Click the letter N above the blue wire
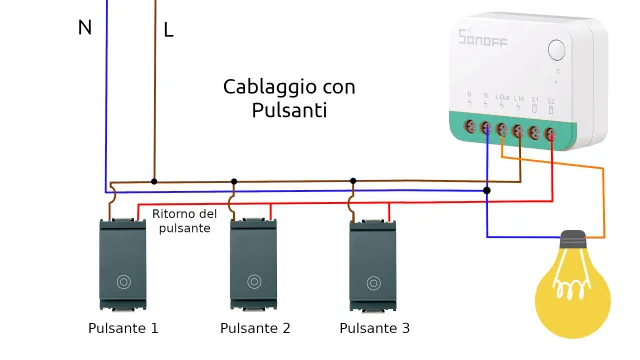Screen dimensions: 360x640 pos(85,28)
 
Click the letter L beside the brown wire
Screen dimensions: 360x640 pos(168,31)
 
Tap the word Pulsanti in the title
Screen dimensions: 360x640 pos(289,111)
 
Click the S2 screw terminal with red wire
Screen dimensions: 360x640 pos(550,130)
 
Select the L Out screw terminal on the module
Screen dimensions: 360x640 pos(501,130)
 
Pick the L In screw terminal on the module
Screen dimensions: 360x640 pos(517,130)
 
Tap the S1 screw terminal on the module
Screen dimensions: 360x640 pos(534,130)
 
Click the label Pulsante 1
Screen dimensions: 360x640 pos(123,328)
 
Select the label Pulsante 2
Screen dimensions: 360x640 pos(255,328)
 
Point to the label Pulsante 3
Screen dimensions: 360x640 pos(374,328)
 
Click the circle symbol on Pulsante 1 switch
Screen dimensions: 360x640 pos(123,282)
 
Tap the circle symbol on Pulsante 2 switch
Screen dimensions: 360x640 pos(255,282)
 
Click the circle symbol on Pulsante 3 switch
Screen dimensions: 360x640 pos(374,282)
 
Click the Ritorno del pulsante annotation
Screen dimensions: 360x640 pos(184,221)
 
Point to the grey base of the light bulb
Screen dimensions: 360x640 pos(572,241)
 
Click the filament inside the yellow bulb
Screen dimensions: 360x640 pos(572,291)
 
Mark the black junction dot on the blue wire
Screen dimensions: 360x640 pos(487,189)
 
